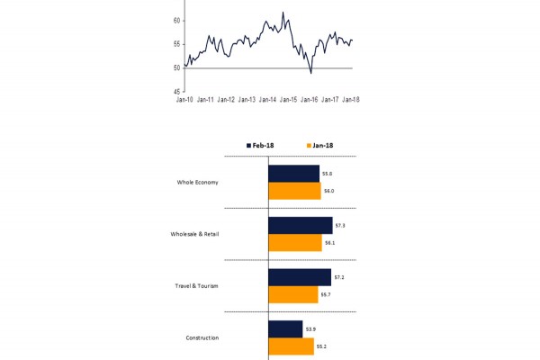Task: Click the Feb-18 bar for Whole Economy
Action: coord(293,173)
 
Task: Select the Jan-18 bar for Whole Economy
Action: coord(294,191)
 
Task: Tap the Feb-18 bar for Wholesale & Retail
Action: coord(300,225)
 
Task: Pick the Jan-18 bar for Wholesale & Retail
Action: coord(295,243)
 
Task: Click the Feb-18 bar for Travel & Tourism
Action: coord(299,277)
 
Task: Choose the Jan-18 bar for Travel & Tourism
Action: coord(293,294)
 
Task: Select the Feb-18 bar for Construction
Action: coord(285,328)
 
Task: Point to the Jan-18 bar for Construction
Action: coord(291,346)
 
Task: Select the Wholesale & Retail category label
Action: coord(194,234)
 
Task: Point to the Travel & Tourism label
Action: coord(196,286)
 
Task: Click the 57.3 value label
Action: coord(339,225)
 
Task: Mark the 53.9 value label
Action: coord(310,328)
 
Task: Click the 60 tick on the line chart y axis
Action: coord(176,21)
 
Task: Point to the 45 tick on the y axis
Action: coord(176,91)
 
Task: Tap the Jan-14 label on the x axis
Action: coord(267,100)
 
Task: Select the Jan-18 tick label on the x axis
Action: coord(351,100)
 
